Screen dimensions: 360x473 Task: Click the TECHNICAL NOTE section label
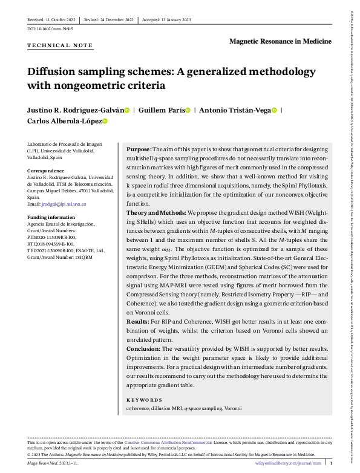(x=60, y=45)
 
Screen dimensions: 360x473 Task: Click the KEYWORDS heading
(x=144, y=400)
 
